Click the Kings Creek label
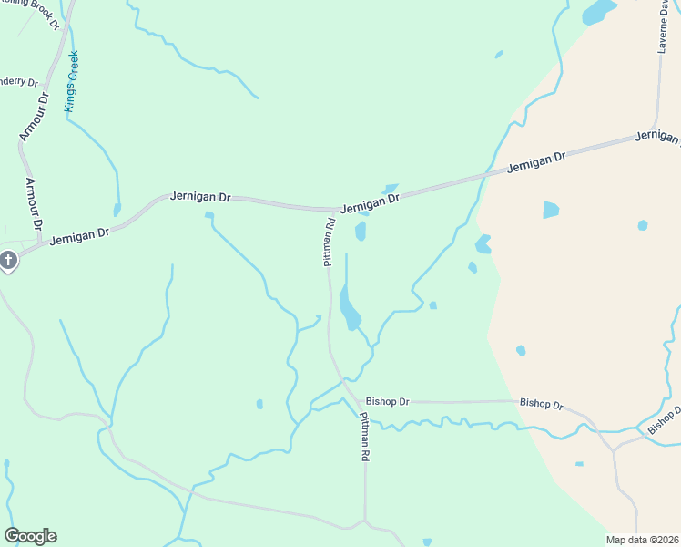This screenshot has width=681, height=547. (72, 81)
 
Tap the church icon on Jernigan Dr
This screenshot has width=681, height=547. (8, 262)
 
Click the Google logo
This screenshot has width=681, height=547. (30, 536)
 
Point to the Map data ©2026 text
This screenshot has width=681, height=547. (642, 540)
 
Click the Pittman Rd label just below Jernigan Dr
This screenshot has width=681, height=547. (330, 242)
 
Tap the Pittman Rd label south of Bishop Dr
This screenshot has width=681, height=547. (364, 436)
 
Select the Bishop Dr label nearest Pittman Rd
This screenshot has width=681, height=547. (388, 401)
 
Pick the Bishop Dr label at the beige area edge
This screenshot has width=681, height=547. (541, 404)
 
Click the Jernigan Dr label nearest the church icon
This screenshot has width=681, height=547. (79, 235)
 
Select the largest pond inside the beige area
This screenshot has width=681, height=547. (551, 210)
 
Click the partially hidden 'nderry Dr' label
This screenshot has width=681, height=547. (18, 81)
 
